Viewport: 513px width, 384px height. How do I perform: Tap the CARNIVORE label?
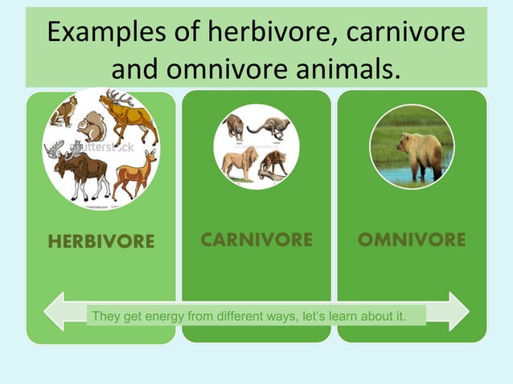256,239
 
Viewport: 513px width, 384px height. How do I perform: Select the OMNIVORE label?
411,239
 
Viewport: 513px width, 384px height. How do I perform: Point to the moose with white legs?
77,168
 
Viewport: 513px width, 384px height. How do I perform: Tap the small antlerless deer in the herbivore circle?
135,174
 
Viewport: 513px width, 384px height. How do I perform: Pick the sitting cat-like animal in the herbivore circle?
62,112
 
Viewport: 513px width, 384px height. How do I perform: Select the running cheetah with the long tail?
269,126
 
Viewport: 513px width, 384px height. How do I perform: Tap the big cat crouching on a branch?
234,126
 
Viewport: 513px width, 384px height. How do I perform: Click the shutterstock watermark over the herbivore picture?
101,149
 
